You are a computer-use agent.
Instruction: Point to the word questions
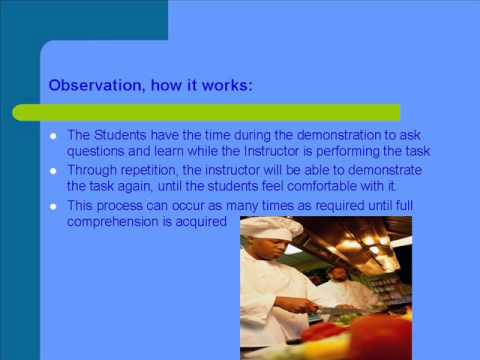(97, 152)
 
